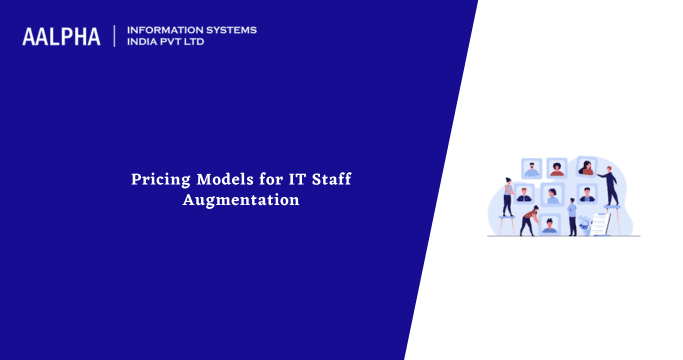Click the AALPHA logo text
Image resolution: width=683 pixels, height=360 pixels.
pyautogui.click(x=61, y=37)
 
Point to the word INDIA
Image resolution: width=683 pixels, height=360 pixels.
pyautogui.click(x=144, y=43)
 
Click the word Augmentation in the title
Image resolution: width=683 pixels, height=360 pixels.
pyautogui.click(x=241, y=200)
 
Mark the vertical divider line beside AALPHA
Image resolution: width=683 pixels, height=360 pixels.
pyautogui.click(x=115, y=36)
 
